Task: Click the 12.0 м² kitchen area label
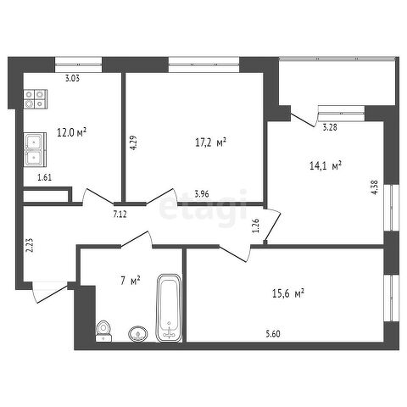pyautogui.click(x=71, y=132)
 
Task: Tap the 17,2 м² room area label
pyautogui.click(x=211, y=142)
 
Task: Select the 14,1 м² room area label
pyautogui.click(x=326, y=165)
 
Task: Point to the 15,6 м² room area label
pyautogui.click(x=288, y=293)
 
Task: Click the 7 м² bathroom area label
pyautogui.click(x=131, y=281)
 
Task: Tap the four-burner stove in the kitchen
pyautogui.click(x=36, y=99)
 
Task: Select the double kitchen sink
pyautogui.click(x=35, y=149)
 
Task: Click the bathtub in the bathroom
pyautogui.click(x=169, y=308)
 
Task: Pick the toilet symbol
pyautogui.click(x=103, y=331)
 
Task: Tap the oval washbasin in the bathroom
pyautogui.click(x=138, y=334)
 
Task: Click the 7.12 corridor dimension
pyautogui.click(x=120, y=215)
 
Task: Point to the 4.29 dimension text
pyautogui.click(x=133, y=142)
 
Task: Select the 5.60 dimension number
pyautogui.click(x=273, y=334)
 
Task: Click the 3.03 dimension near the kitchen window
pyautogui.click(x=72, y=78)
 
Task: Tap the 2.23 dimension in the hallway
pyautogui.click(x=30, y=245)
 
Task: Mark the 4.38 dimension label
pyautogui.click(x=375, y=187)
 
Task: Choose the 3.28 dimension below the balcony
pyautogui.click(x=330, y=127)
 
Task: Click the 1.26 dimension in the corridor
pyautogui.click(x=256, y=226)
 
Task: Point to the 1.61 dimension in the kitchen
pyautogui.click(x=45, y=177)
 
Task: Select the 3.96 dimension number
pyautogui.click(x=202, y=194)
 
